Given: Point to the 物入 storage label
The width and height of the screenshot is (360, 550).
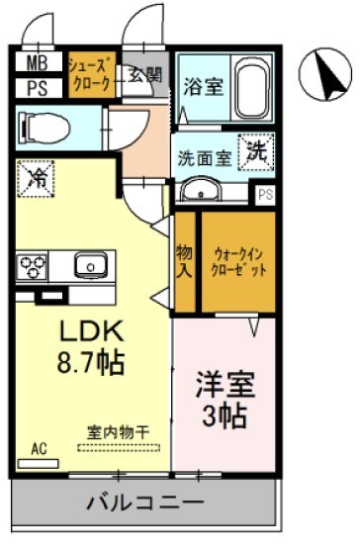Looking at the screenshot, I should pyautogui.click(x=185, y=262).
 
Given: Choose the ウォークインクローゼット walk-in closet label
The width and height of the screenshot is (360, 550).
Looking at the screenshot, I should pyautogui.click(x=237, y=261).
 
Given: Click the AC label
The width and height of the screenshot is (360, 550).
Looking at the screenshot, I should pyautogui.click(x=39, y=449).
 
